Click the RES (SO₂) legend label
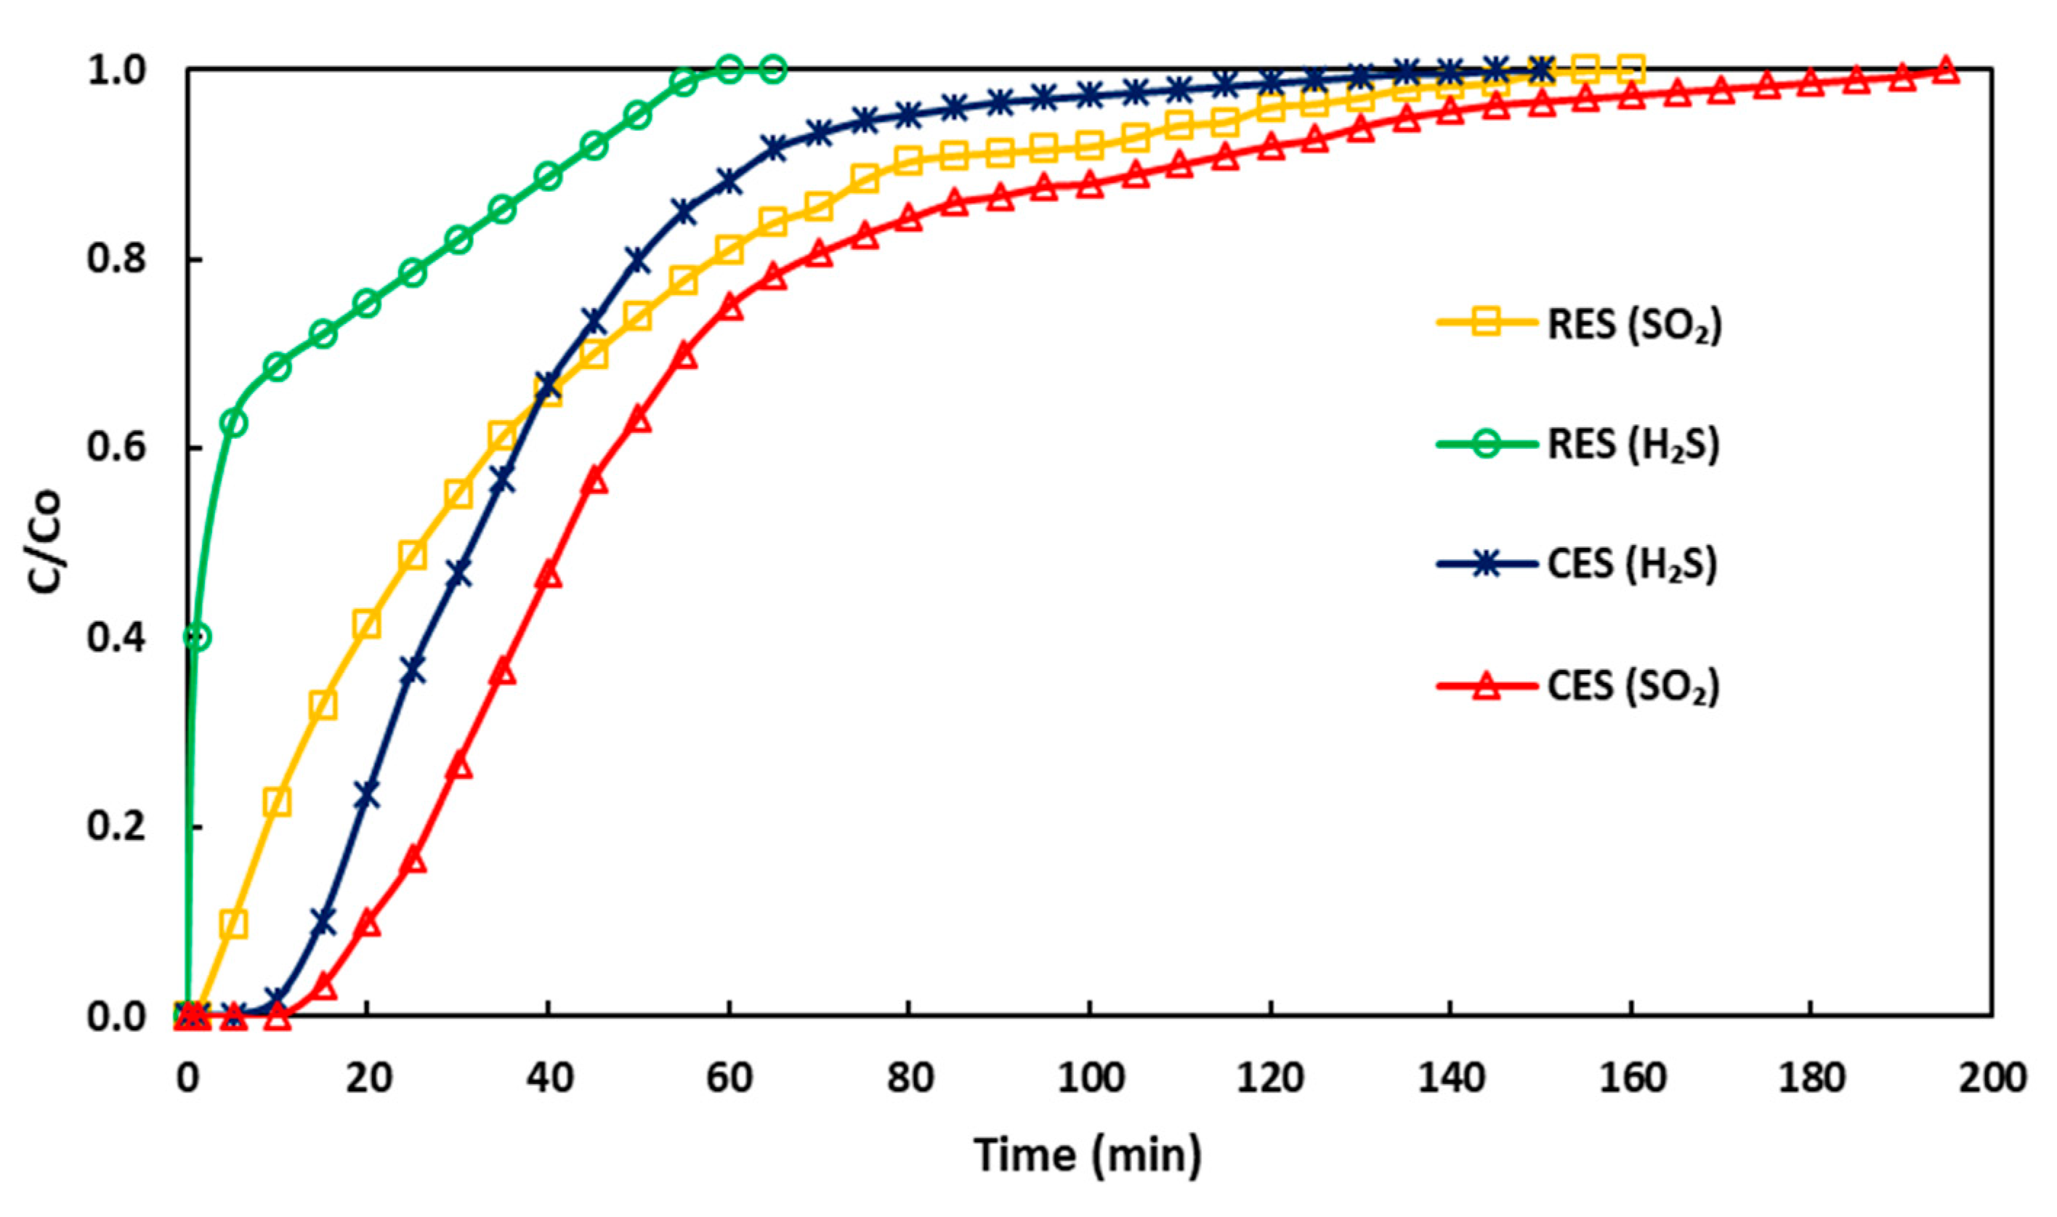[x=1634, y=325]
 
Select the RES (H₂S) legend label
[x=1633, y=445]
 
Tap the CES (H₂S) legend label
[x=1631, y=565]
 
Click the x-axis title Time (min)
[x=1088, y=1155]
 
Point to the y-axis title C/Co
[x=44, y=543]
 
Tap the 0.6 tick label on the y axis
[x=116, y=448]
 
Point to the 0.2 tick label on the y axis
[x=116, y=827]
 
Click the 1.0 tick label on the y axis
[x=116, y=71]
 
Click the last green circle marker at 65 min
[x=774, y=70]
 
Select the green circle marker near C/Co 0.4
[x=198, y=636]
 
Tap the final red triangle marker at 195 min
[x=1947, y=71]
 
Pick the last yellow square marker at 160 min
[x=1630, y=70]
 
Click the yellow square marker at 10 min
[x=278, y=802]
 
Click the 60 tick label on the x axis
[x=729, y=1077]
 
